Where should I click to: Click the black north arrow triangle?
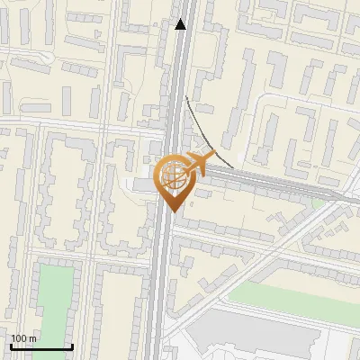(x=182, y=24)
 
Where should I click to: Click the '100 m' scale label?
(x=23, y=338)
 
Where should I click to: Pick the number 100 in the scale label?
(x=19, y=338)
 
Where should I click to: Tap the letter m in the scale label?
(x=32, y=338)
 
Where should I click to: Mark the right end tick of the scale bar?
(x=73, y=346)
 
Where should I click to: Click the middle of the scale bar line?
(x=40, y=346)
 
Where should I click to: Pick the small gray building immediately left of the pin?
(x=142, y=184)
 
